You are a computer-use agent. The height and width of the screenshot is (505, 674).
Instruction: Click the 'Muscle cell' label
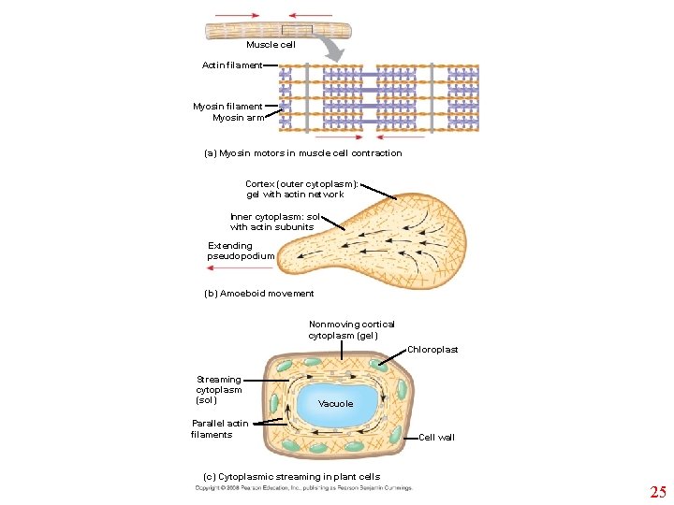click(x=271, y=45)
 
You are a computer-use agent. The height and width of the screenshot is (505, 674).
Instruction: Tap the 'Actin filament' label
click(x=232, y=65)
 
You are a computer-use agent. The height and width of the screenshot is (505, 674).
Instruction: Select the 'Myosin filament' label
click(x=227, y=107)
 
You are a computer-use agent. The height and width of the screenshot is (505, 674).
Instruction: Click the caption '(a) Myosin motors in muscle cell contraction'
click(x=302, y=153)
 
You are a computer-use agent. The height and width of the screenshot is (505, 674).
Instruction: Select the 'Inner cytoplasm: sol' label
click(x=274, y=222)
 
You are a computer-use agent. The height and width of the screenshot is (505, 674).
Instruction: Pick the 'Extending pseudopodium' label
click(x=241, y=251)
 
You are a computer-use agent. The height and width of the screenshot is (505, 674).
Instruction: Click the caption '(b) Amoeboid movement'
click(x=259, y=294)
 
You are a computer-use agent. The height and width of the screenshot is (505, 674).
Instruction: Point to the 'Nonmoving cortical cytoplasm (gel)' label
click(x=351, y=330)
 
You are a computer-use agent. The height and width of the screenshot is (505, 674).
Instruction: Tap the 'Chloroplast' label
click(x=432, y=350)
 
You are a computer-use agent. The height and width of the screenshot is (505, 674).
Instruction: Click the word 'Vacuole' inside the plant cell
click(x=336, y=404)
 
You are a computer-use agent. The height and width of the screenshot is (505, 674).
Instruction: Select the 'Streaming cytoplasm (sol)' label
click(x=218, y=390)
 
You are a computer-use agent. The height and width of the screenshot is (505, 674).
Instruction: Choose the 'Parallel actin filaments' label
click(x=220, y=429)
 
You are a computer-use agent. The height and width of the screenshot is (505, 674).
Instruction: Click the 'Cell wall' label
click(x=436, y=438)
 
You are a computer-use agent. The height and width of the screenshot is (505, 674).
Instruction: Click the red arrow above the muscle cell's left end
click(x=238, y=15)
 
